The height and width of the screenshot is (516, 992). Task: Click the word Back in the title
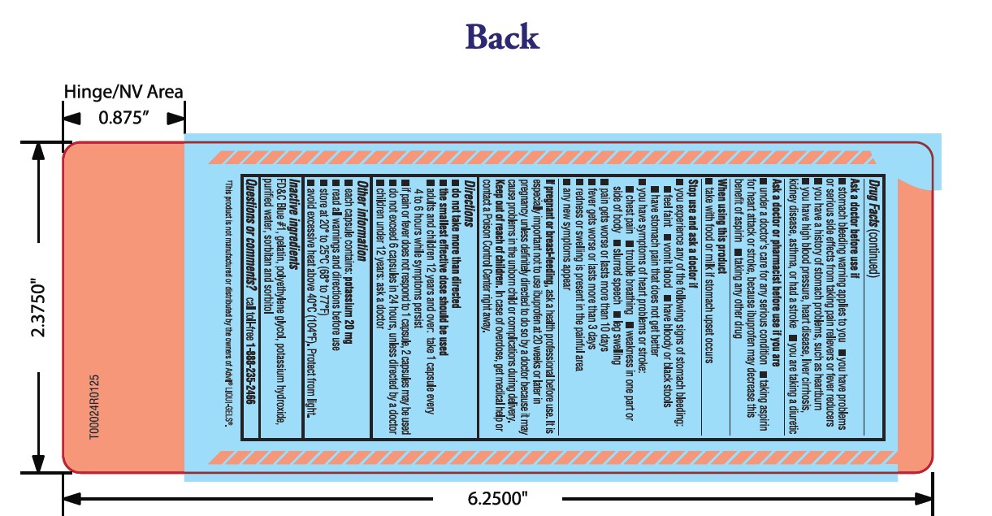pos(502,37)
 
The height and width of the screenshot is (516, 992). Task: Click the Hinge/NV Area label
pos(123,92)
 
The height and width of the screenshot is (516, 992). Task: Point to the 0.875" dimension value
pos(123,117)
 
